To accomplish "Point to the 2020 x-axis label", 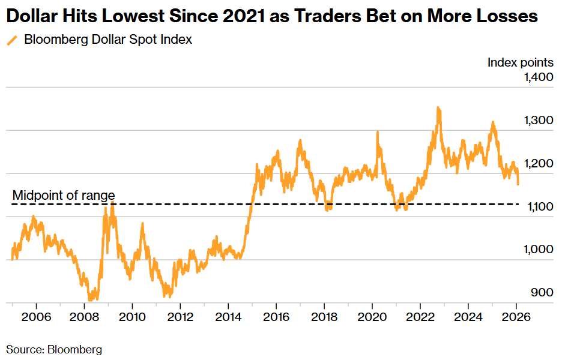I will (372, 316).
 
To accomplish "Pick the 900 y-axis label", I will (542, 293).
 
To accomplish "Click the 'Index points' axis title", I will (520, 62).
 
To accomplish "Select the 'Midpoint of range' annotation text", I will (64, 196).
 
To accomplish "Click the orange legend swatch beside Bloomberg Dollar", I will (12, 41).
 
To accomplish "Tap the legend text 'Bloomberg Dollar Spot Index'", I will (108, 40).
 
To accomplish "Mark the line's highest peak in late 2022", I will (438, 109).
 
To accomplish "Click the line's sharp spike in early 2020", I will (378, 132).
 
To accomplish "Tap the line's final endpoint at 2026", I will (519, 184).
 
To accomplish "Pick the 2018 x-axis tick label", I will (325, 316).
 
